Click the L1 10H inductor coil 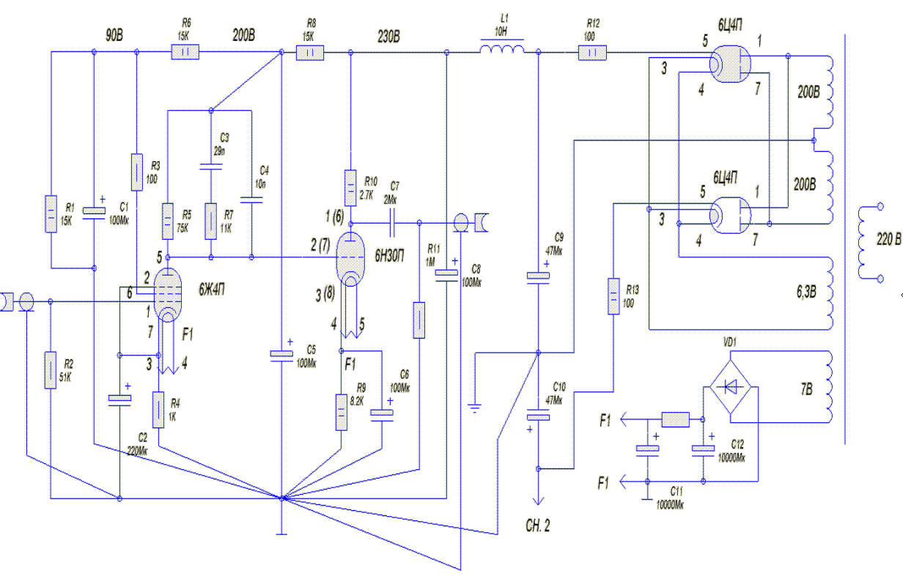[502, 51]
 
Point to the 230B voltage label [388, 34]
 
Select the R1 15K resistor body [50, 213]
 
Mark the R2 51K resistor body [50, 370]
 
